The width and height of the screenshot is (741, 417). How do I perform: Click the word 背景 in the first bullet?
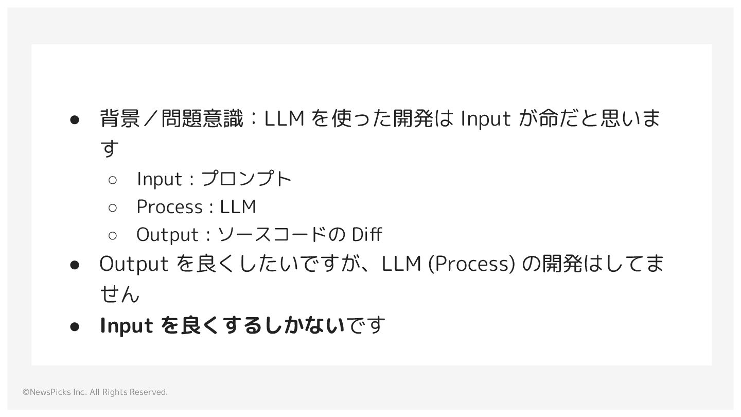(119, 118)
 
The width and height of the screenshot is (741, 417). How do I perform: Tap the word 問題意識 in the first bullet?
(202, 118)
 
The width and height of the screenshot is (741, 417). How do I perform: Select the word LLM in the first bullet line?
(284, 118)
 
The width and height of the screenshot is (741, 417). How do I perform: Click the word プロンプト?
(246, 179)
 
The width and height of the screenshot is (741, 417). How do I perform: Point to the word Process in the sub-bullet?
(169, 207)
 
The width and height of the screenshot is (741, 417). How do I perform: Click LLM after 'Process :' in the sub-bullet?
(238, 207)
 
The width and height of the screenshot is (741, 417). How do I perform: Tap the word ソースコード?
(273, 235)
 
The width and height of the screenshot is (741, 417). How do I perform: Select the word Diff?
(366, 235)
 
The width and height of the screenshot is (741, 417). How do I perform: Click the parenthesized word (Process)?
(471, 264)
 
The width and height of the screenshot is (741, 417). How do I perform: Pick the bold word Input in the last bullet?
(126, 325)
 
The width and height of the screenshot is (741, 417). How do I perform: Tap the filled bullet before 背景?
(74, 119)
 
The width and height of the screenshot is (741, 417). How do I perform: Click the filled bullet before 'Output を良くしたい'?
(74, 265)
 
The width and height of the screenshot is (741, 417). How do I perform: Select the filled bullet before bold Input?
(74, 326)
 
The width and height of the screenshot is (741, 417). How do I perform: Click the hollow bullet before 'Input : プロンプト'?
(113, 180)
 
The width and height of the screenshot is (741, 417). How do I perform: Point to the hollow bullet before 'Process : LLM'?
(113, 207)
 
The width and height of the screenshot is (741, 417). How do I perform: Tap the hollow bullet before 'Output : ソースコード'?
(113, 235)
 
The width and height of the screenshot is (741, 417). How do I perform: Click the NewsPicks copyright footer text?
(95, 392)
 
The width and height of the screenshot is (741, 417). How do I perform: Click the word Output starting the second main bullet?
(133, 264)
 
